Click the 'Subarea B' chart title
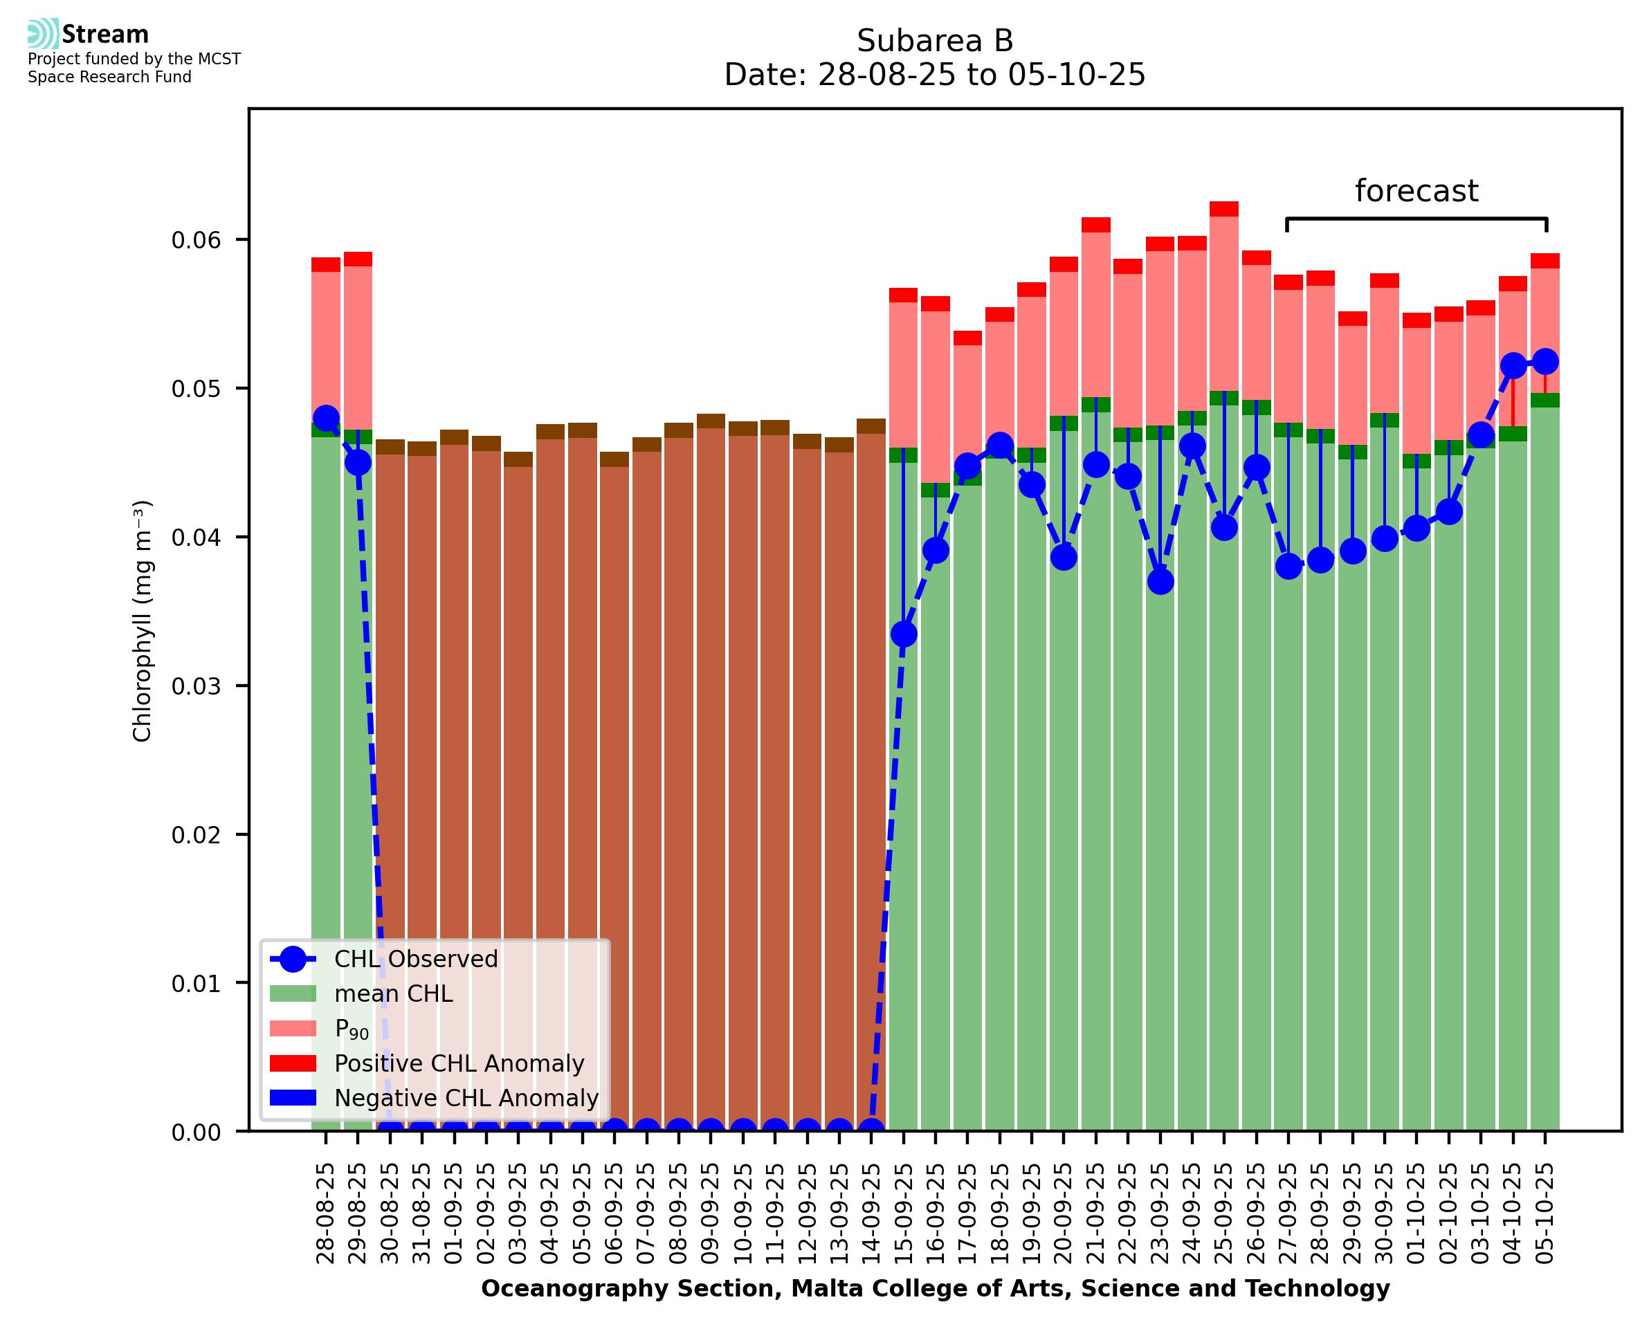(x=934, y=41)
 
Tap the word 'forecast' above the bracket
(x=1416, y=191)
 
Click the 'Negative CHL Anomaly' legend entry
(x=466, y=1098)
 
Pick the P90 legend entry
(x=352, y=1029)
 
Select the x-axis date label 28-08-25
(x=326, y=1213)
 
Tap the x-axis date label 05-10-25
(x=1545, y=1213)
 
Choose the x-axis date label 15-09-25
(x=903, y=1213)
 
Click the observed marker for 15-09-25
(x=903, y=634)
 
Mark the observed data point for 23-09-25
(x=1160, y=582)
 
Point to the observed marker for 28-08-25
(x=326, y=419)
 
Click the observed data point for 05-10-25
(x=1545, y=361)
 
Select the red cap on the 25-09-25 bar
(x=1224, y=209)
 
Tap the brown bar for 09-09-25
(x=711, y=766)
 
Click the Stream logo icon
(x=43, y=34)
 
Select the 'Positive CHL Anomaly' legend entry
(x=459, y=1063)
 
